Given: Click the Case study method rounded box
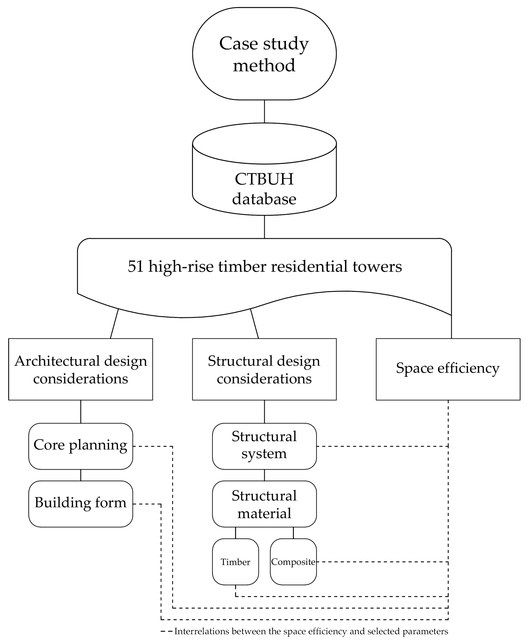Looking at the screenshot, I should pos(264,54).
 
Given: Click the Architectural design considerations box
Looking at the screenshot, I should pos(81,369).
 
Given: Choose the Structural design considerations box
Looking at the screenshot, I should pos(264,369).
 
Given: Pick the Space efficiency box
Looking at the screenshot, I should pos(448,369).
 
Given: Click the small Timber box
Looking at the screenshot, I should pos(235,562).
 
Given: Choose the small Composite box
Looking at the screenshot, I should pos(293,562).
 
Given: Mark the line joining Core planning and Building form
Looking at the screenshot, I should pos(81,475).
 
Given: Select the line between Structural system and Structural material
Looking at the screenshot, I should pos(264,475).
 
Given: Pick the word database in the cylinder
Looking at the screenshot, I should pos(264,199).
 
